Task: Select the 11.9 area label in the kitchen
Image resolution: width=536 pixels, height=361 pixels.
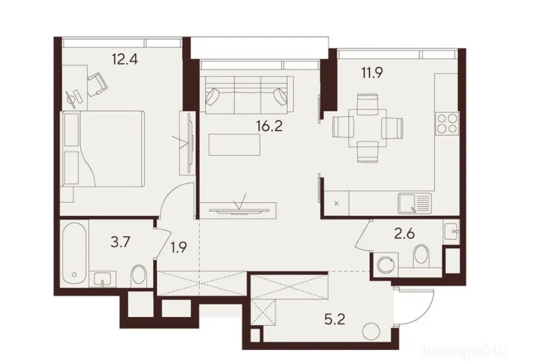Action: [372, 73]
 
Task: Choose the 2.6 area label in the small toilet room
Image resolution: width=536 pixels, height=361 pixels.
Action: [405, 233]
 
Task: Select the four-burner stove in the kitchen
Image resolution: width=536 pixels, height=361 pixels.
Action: [446, 125]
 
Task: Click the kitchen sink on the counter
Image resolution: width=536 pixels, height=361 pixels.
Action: [414, 203]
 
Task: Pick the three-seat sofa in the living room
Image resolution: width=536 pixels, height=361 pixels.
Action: [247, 94]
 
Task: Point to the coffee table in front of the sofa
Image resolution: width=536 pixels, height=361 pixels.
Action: [234, 144]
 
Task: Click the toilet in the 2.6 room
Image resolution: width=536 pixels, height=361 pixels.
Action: [421, 258]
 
